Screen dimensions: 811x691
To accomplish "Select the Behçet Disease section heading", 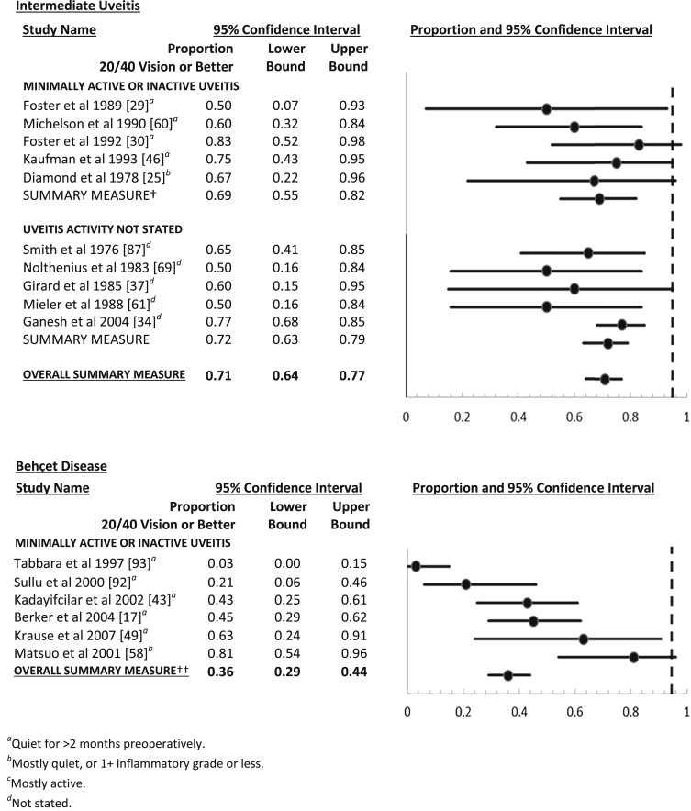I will pyautogui.click(x=61, y=466).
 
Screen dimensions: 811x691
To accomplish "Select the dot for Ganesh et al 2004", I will pyautogui.click(x=621, y=325).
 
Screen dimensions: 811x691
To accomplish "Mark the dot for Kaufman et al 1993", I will pyautogui.click(x=617, y=162).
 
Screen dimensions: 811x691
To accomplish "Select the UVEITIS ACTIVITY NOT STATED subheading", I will pyautogui.click(x=103, y=228).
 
